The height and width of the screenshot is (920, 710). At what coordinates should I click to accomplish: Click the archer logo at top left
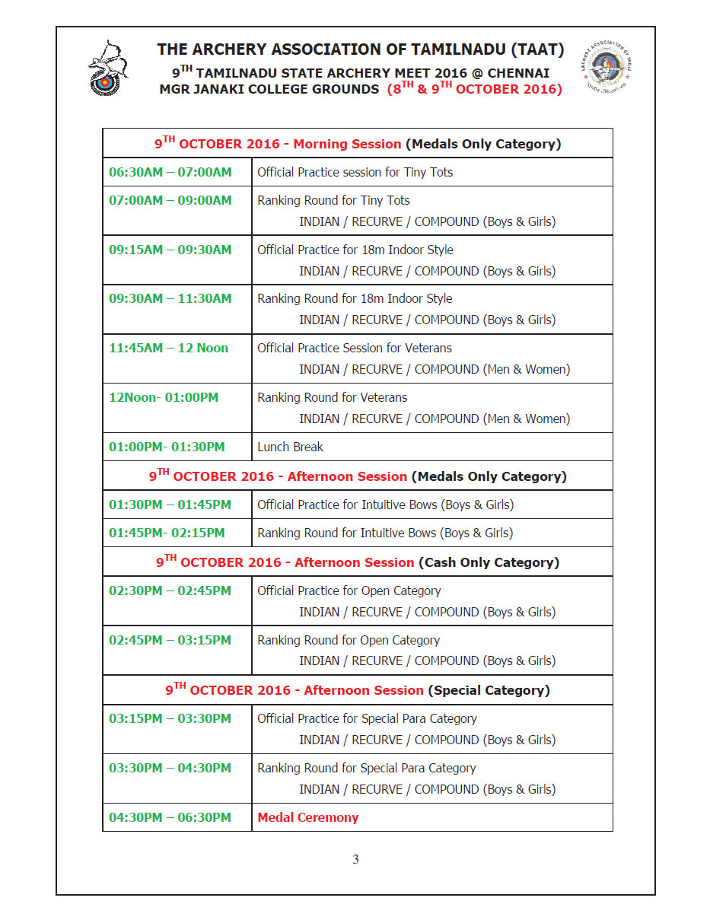coord(107,68)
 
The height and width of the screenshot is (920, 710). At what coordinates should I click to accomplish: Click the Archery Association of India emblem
coord(606,68)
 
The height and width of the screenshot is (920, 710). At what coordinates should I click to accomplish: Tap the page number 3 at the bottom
coord(355,860)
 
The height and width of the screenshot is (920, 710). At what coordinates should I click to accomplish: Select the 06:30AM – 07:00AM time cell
coord(170,172)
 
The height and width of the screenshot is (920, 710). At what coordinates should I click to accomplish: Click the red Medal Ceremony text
coord(307,817)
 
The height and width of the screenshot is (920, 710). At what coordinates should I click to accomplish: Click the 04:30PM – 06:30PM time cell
coord(170,817)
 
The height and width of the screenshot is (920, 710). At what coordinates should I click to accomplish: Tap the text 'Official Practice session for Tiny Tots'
coord(355,172)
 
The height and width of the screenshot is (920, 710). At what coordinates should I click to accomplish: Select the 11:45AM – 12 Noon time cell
coord(168,348)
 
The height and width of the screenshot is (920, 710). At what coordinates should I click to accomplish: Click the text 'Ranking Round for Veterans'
coord(332,397)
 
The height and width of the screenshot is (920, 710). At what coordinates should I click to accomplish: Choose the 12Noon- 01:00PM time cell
coord(164,397)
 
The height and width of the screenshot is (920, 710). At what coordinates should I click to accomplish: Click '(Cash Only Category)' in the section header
coord(489,563)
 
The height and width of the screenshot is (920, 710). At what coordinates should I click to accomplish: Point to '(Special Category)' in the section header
coord(489,691)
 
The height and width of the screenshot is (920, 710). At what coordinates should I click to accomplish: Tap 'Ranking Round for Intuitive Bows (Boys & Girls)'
coord(385,533)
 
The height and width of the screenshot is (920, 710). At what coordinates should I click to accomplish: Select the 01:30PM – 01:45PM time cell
coord(170,505)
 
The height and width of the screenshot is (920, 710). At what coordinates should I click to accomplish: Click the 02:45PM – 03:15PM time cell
coord(170,640)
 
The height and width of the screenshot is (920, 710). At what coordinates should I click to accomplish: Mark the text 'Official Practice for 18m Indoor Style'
coord(355,250)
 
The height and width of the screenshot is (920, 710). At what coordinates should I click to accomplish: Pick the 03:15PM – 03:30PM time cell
coord(170,718)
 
